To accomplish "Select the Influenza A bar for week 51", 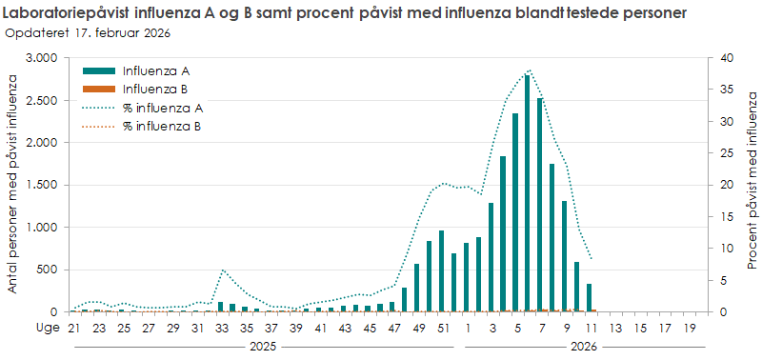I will click(x=441, y=271).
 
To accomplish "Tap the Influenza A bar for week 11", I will click(x=589, y=298).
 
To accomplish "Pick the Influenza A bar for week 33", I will click(x=220, y=307).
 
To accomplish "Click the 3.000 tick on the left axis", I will click(x=43, y=58).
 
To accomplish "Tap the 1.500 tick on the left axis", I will click(x=43, y=185).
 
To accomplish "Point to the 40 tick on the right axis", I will click(x=726, y=58).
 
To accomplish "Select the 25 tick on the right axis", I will click(x=726, y=153).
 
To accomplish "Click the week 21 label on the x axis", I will click(x=72, y=328).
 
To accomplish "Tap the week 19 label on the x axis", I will click(x=688, y=328).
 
